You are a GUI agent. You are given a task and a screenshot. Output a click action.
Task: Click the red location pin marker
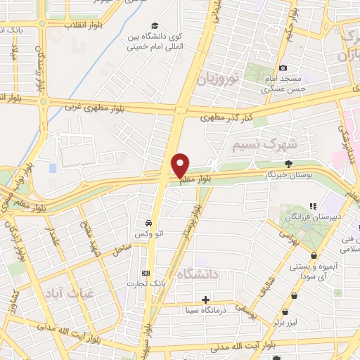click(x=180, y=165)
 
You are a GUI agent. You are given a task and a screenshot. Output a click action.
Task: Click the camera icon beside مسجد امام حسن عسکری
click(x=283, y=68)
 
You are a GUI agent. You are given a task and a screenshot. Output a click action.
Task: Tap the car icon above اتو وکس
click(x=148, y=219)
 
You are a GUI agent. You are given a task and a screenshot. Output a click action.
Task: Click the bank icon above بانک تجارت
click(x=146, y=272)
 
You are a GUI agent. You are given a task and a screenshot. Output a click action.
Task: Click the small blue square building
click(x=53, y=169)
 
